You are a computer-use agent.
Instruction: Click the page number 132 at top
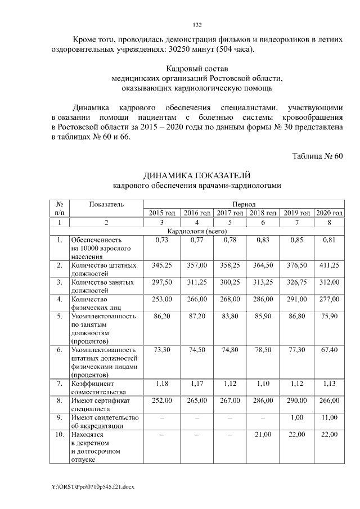[197, 25]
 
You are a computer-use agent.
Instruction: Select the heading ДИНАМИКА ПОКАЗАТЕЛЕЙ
[196, 175]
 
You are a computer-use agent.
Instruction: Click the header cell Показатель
[106, 204]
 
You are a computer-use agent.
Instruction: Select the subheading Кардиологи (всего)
[196, 231]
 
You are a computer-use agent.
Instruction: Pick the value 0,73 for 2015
[162, 240]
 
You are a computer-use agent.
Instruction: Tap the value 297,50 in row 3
[162, 282]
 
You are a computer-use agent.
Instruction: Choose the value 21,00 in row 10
[263, 435]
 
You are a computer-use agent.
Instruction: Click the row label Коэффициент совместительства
[99, 388]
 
